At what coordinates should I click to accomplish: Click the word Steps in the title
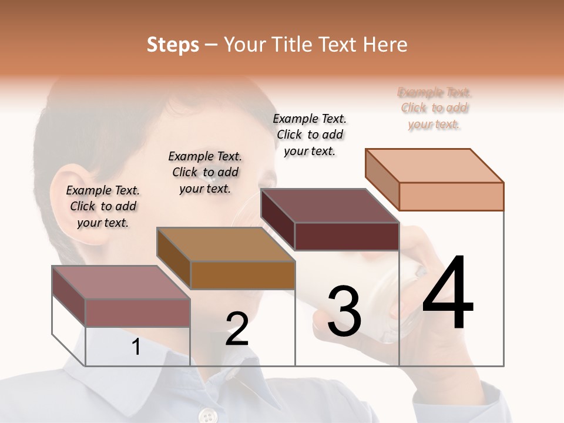click(x=173, y=45)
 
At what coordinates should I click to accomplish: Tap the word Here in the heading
click(x=385, y=45)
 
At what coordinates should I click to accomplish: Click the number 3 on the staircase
click(x=344, y=311)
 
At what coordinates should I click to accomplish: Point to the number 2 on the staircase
click(x=237, y=329)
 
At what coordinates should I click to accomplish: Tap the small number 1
click(x=136, y=347)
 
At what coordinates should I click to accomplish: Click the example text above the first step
click(x=103, y=206)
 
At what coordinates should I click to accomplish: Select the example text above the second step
click(x=205, y=172)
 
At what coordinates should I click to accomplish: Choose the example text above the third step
click(x=310, y=135)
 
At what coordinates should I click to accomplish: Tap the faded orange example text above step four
click(x=434, y=108)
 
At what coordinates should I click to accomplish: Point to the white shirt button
click(x=207, y=415)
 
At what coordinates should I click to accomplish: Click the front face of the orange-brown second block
click(x=243, y=274)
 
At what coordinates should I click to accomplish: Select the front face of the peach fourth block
click(x=451, y=196)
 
